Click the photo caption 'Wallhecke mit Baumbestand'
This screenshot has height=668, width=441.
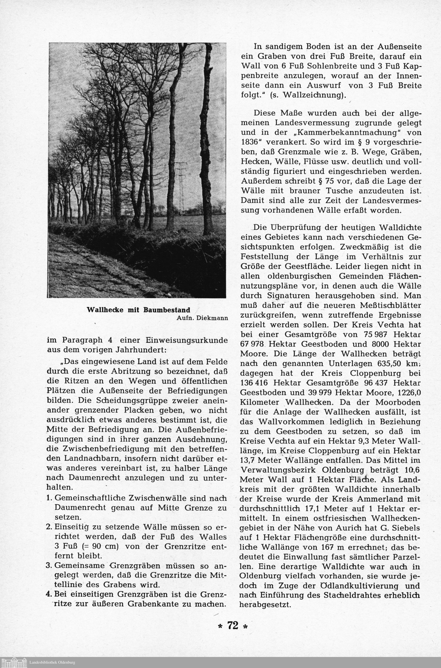pos(138,310)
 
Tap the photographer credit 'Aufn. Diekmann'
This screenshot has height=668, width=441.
pos(202,318)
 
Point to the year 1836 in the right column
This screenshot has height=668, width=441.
pos(249,142)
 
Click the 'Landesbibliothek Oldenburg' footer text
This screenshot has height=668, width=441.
pos(52,662)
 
